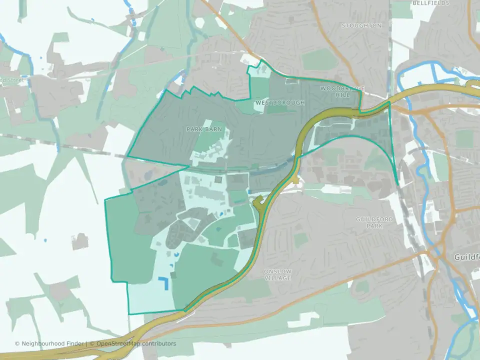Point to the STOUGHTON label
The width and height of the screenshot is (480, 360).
pyautogui.click(x=361, y=25)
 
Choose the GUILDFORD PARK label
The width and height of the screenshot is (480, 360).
pyautogui.click(x=374, y=222)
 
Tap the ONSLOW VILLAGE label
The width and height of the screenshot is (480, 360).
pyautogui.click(x=277, y=274)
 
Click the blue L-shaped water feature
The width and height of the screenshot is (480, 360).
pyautogui.click(x=163, y=284)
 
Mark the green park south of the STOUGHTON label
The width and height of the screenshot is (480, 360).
pyautogui.click(x=320, y=60)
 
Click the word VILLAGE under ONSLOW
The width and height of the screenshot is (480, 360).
pyautogui.click(x=278, y=278)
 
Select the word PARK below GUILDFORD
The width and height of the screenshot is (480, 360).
pyautogui.click(x=374, y=226)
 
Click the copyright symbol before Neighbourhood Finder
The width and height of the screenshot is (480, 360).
pyautogui.click(x=17, y=343)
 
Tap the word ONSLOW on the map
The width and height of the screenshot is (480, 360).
pyautogui.click(x=277, y=271)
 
